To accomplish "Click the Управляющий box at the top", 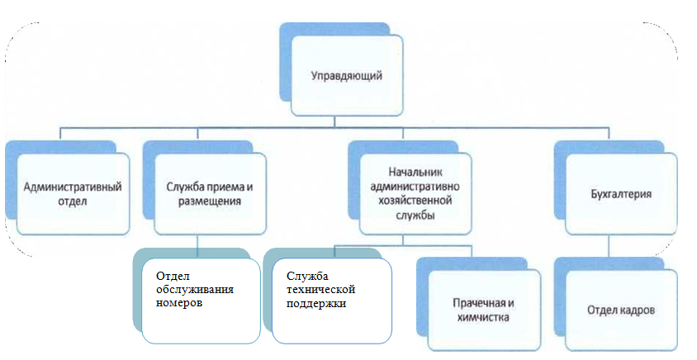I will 346,76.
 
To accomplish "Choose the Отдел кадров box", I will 621,310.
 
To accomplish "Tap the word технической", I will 320,289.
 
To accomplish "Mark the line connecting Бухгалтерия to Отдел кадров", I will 609,246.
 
